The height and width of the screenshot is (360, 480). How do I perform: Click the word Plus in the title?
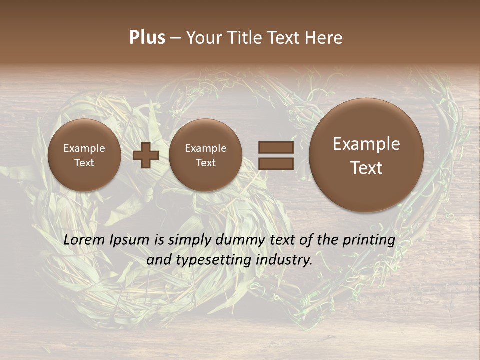point(147,38)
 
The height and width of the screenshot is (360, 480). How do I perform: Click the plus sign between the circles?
point(146,155)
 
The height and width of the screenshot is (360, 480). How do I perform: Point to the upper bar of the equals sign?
point(276,147)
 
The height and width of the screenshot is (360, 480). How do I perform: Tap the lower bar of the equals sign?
point(276,163)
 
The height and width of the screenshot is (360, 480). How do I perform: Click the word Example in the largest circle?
point(366,144)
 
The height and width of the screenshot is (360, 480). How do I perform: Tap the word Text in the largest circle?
point(366,168)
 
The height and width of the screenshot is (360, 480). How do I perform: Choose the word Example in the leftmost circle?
point(84,148)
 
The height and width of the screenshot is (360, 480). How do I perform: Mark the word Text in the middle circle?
point(206,163)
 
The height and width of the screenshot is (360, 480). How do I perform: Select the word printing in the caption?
point(368,240)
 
